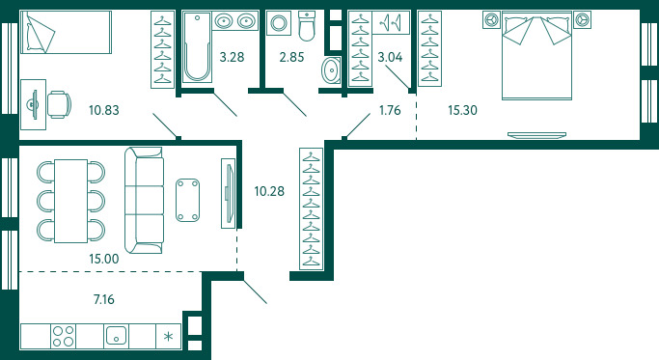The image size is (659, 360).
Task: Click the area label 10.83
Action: click(x=104, y=110)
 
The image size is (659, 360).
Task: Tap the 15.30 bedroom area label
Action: click(x=462, y=110)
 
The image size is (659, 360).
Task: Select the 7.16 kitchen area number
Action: click(x=103, y=299)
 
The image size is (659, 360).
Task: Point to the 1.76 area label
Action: click(x=390, y=110)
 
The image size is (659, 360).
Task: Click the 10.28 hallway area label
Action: click(x=269, y=191)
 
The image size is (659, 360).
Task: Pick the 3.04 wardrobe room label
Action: click(x=390, y=57)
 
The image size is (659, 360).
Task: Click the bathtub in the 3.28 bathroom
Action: click(x=197, y=46)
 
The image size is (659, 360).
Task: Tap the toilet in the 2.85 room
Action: click(x=307, y=26)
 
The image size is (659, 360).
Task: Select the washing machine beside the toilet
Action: click(x=279, y=23)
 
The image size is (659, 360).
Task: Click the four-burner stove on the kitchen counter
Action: click(x=63, y=336)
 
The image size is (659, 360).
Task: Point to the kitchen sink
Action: click(x=116, y=336)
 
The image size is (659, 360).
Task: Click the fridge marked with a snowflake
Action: click(x=168, y=336)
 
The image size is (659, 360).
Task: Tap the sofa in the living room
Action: click(x=144, y=200)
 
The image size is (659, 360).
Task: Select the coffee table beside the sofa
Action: click(x=187, y=200)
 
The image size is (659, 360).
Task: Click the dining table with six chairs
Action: click(x=71, y=201)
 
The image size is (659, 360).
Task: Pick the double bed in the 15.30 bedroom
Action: click(x=536, y=56)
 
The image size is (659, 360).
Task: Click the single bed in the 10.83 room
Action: click(x=66, y=33)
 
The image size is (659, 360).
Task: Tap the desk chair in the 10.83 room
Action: click(x=59, y=104)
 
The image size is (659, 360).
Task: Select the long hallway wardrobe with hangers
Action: click(x=311, y=208)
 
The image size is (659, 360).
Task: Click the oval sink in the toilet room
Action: click(x=331, y=69)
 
